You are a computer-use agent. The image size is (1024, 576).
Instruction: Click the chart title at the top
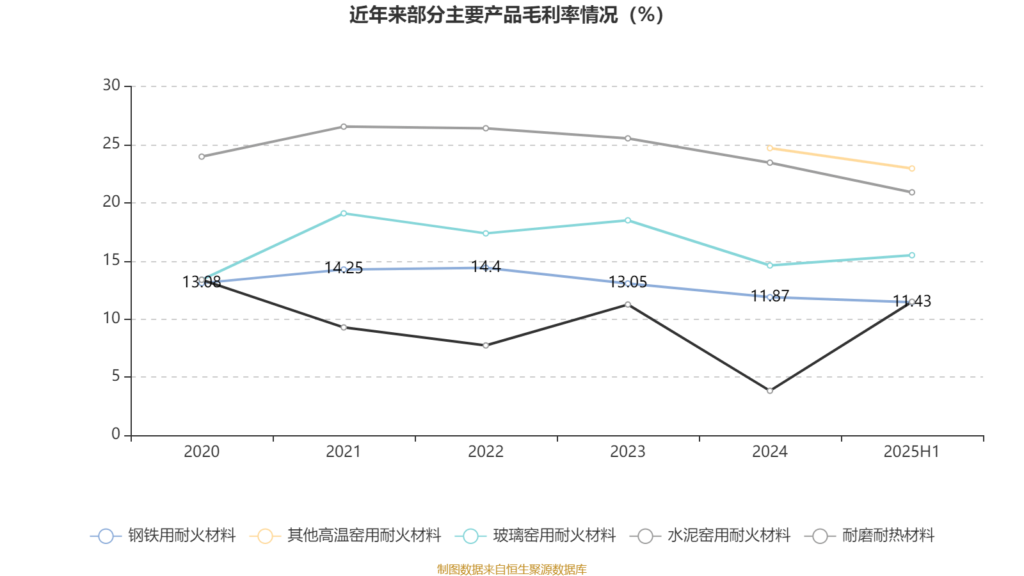[x=506, y=15]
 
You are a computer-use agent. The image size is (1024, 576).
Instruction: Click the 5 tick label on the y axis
[x=116, y=376]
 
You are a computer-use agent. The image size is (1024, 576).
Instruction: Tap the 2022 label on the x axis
[x=486, y=452]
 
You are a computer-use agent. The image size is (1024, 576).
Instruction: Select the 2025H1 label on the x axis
[x=911, y=452]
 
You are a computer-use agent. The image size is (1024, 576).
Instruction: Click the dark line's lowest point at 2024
[x=770, y=390]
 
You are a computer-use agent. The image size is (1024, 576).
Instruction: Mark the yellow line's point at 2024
[x=770, y=148]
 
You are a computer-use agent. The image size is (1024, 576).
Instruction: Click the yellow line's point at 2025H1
[x=912, y=168]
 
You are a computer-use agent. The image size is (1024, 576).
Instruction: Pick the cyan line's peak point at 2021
[x=344, y=213]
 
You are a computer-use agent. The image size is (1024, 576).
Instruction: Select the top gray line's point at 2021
[x=344, y=126]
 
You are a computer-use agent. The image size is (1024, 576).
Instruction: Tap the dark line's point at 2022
[x=486, y=346]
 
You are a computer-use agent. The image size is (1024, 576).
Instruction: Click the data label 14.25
[x=344, y=268]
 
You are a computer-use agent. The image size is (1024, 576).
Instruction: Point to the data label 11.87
[x=770, y=296]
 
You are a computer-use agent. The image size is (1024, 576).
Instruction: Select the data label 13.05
[x=628, y=282]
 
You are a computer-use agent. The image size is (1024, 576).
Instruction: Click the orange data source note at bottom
[x=511, y=569]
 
